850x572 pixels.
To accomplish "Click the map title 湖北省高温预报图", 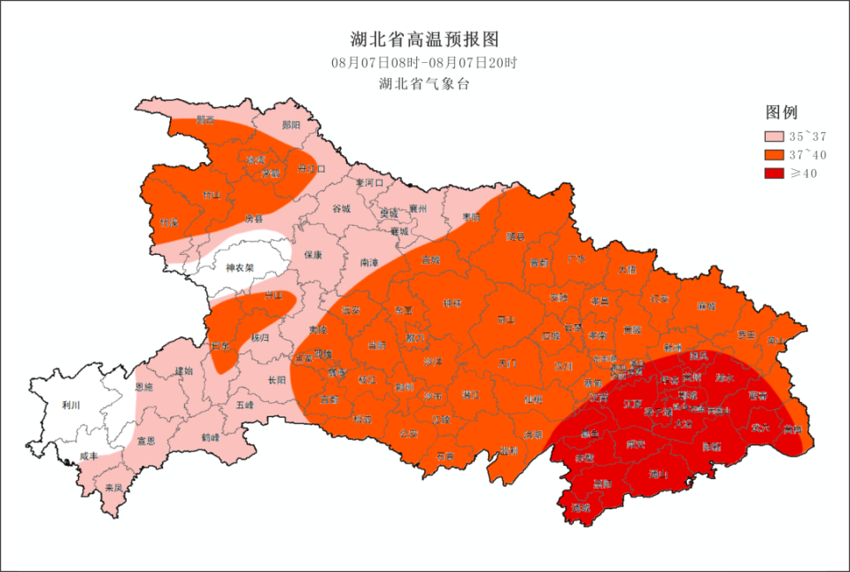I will pos(424,40).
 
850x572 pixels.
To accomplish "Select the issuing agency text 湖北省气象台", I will pos(424,84).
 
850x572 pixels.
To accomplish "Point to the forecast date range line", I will pos(424,63).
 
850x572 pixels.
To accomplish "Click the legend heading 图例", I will pos(782,112).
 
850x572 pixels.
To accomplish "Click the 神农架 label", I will pos(239,267).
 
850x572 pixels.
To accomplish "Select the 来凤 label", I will pos(113,488).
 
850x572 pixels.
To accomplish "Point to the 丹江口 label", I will pos(312,167).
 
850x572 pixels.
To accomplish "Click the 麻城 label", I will pos(706,306).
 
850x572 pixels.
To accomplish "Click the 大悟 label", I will pos(627,269).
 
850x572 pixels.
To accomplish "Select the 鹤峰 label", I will pos(210,437).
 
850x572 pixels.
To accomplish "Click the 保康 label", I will pos(313,254).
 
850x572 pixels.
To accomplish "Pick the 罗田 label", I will pos(746,336).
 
